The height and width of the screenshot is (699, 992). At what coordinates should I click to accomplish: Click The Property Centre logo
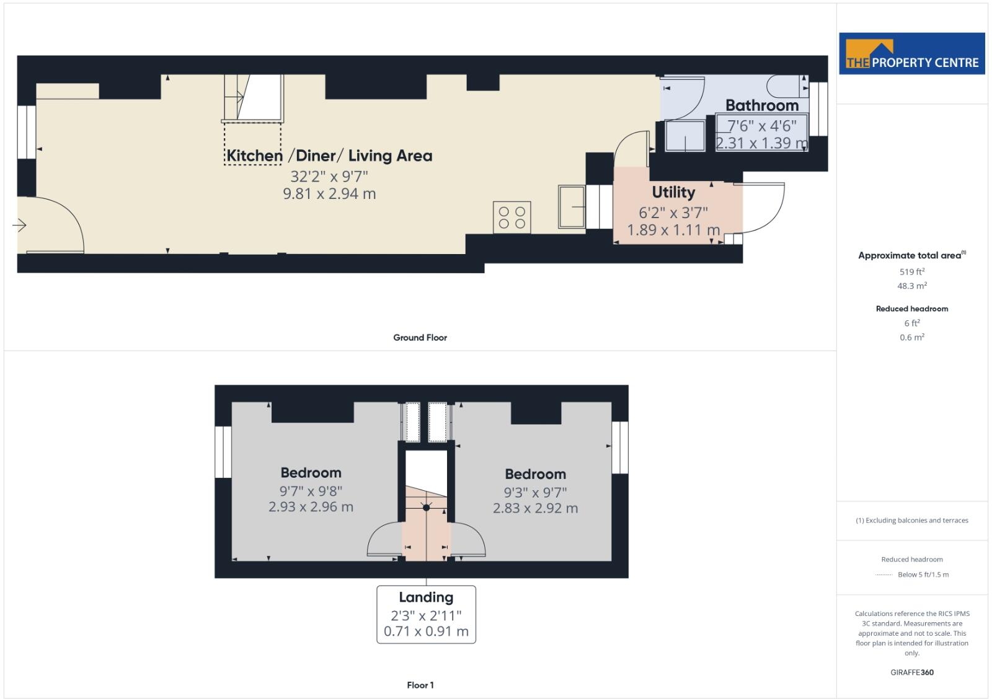911,54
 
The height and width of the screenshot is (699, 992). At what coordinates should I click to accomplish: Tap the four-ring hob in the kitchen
511,218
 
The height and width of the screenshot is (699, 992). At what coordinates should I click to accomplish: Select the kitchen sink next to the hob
572,207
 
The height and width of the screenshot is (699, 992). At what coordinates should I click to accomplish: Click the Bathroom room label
761,105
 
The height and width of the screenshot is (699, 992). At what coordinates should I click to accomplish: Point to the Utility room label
673,192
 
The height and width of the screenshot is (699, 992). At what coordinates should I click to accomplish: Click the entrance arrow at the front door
19,226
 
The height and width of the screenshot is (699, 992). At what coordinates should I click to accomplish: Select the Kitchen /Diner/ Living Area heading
329,156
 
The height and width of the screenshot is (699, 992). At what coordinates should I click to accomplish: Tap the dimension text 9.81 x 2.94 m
329,194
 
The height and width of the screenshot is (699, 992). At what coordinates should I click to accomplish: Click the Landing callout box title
426,597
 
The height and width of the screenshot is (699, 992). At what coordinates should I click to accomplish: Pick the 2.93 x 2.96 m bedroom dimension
311,507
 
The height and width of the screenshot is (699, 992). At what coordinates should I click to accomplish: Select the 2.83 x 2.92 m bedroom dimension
535,509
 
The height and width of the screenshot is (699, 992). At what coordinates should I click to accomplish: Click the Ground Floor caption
420,338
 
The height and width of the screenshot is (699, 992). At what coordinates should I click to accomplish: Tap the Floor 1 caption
420,685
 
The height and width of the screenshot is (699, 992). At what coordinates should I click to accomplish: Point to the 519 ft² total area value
911,271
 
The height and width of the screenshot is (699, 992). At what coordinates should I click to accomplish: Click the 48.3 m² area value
911,286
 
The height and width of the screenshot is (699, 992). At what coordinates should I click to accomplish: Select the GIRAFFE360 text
911,672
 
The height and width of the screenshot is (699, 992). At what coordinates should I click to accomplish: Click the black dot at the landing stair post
426,508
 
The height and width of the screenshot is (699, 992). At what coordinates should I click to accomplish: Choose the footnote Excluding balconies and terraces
911,521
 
